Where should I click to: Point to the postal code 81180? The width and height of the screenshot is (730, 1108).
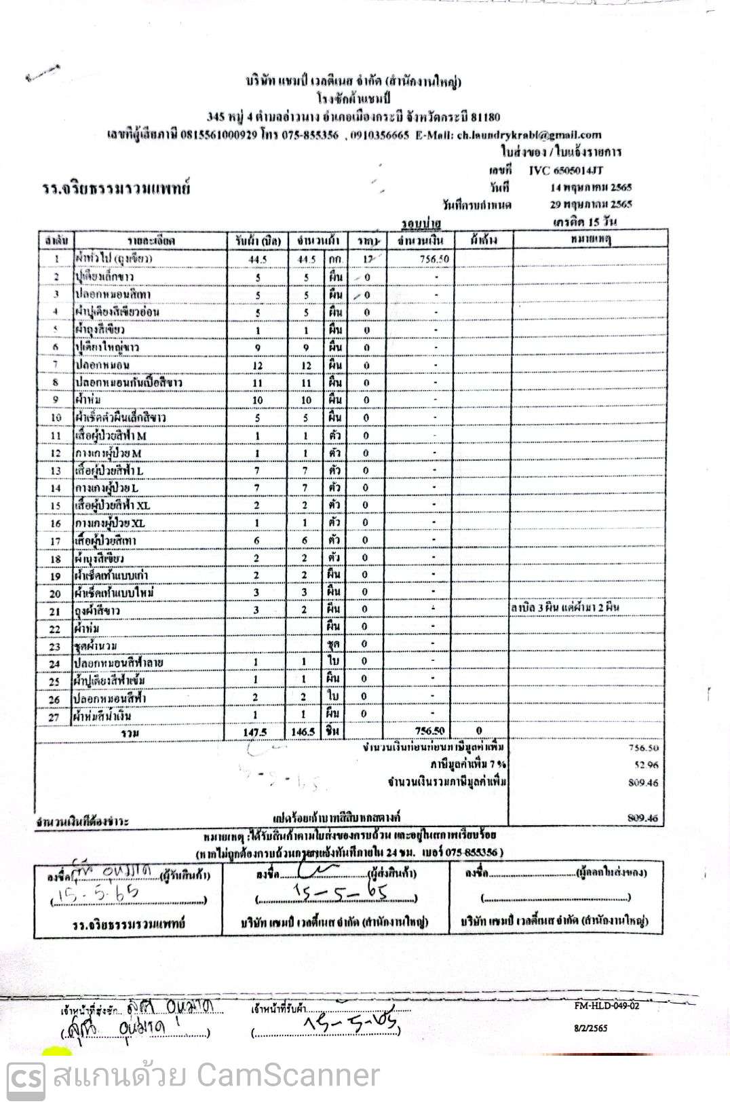486,117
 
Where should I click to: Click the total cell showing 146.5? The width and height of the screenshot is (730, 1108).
303,731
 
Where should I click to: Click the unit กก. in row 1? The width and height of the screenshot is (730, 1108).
334,259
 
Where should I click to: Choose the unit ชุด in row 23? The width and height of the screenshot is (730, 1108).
334,643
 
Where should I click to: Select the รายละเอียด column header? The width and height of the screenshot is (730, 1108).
151,241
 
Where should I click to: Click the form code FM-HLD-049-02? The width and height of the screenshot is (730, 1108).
606,1006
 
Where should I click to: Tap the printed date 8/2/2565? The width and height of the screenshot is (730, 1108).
590,1028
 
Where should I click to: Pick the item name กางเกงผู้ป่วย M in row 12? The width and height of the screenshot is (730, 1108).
109,453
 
